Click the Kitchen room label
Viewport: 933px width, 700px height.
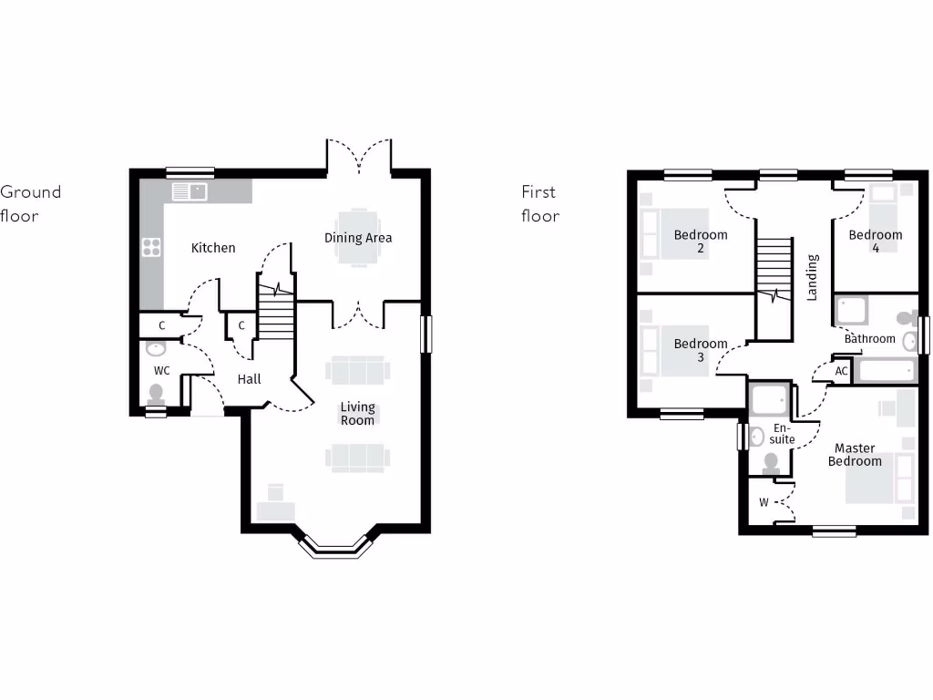coord(213,247)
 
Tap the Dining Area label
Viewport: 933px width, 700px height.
coord(358,238)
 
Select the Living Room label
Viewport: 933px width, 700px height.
coord(358,414)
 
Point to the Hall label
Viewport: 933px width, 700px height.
coord(249,378)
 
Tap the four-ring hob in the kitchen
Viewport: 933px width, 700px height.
coord(151,247)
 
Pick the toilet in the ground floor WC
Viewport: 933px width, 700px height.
coord(156,394)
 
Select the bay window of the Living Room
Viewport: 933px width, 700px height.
coord(337,545)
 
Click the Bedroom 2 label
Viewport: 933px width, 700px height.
coord(701,241)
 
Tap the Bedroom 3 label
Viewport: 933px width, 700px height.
coord(701,350)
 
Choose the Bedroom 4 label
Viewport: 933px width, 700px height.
coord(876,241)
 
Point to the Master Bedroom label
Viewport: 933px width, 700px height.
coord(855,454)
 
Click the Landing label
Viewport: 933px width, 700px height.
coord(812,277)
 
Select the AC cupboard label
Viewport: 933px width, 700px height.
coord(842,371)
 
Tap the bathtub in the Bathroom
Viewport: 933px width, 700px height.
coord(886,371)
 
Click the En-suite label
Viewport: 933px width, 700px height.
coord(783,433)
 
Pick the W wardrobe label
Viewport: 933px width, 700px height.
coord(764,502)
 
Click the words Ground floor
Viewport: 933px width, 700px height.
coord(30,203)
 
